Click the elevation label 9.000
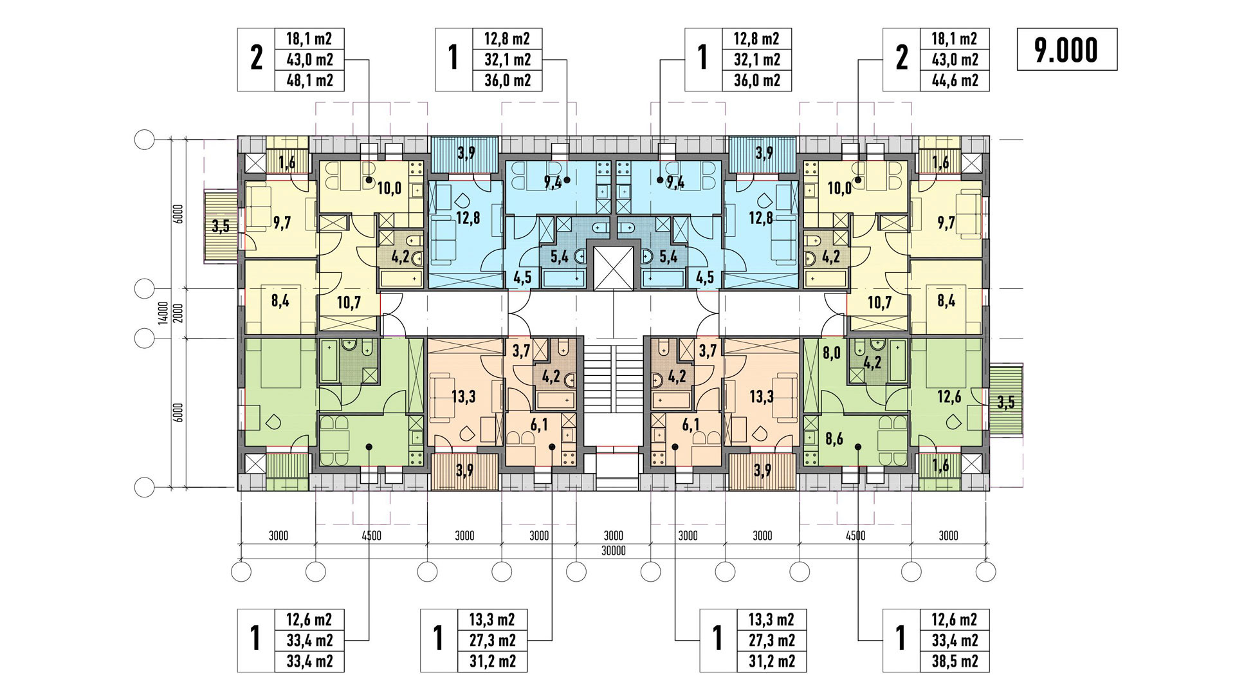point(1066,50)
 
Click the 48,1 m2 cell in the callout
point(309,80)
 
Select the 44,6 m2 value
point(955,80)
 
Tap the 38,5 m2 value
point(955,661)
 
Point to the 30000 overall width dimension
point(613,551)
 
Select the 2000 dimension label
point(179,313)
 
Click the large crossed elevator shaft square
point(613,267)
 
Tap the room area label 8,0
point(831,353)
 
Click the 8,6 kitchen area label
point(834,440)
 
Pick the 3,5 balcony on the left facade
point(221,226)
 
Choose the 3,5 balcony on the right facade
point(1005,402)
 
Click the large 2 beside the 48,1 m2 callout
point(257,59)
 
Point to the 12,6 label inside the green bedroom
point(949,397)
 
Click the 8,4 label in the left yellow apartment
point(280,301)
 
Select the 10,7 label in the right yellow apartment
point(879,302)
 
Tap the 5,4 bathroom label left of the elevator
point(560,257)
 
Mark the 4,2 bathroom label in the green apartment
point(872,363)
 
